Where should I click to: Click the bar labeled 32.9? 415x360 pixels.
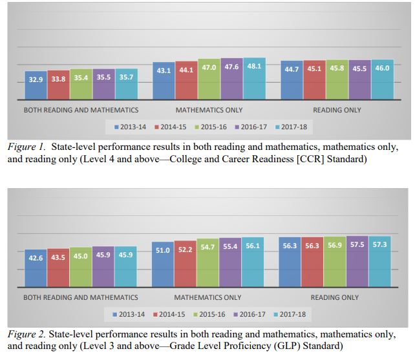[36, 85]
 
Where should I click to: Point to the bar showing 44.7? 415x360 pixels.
[292, 80]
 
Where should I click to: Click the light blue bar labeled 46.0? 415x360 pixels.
[382, 79]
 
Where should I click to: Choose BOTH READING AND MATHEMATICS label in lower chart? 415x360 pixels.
[81, 297]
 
